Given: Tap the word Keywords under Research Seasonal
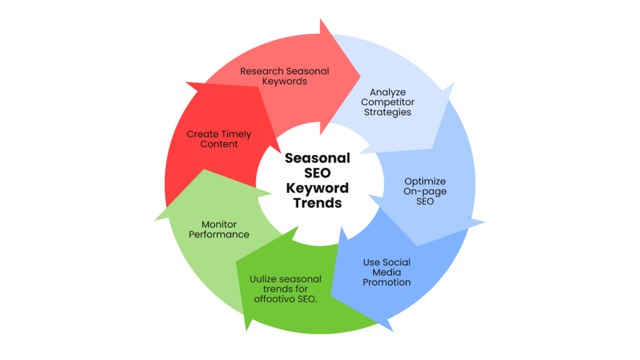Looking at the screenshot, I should [x=284, y=81].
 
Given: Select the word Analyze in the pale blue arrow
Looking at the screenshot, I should [x=387, y=92].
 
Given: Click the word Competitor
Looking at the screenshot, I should [x=387, y=102].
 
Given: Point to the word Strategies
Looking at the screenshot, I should [x=387, y=112].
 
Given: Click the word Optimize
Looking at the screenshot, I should [x=425, y=182].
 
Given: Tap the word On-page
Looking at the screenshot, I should [x=425, y=192].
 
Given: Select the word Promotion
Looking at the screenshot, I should [x=387, y=282].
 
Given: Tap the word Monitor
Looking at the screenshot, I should [x=219, y=224].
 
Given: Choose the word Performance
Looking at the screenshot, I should [x=219, y=234].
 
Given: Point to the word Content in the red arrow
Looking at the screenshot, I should [x=219, y=144].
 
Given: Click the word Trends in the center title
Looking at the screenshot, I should [x=317, y=203].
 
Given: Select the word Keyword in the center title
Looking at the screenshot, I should [x=317, y=188].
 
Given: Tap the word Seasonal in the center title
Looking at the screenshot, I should [x=317, y=158].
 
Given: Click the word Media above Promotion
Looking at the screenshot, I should [x=387, y=272].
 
